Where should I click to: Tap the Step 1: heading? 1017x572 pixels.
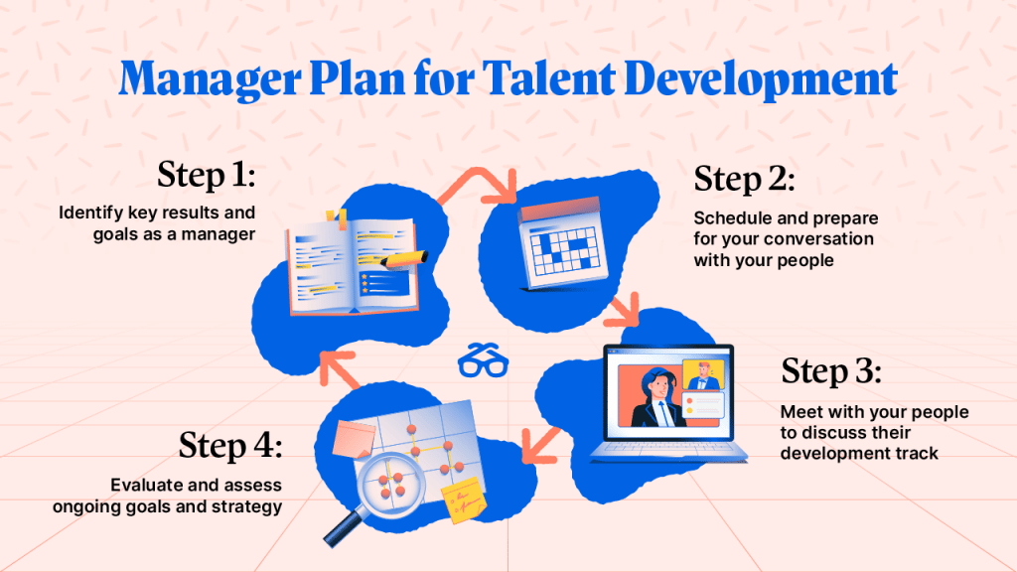click(206, 176)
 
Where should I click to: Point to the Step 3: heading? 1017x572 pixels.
click(831, 371)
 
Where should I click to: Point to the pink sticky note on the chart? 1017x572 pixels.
click(355, 438)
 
